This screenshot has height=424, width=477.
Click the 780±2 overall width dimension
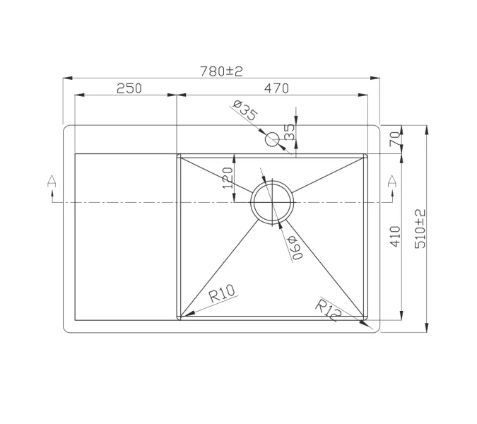221,71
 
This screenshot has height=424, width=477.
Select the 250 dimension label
129,88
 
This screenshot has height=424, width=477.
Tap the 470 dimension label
276,88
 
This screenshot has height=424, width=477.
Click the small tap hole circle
273,139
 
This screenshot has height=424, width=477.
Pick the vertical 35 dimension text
289,131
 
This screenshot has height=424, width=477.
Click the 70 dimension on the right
395,140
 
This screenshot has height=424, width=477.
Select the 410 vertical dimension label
395,235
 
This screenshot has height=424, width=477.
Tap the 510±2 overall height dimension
420,228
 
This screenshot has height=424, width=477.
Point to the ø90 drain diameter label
295,247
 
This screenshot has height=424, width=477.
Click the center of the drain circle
272,202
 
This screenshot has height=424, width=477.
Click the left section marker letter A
51,182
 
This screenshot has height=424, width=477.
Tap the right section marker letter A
391,182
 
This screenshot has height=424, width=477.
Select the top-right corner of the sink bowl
365,155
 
